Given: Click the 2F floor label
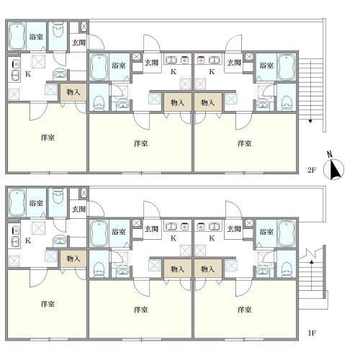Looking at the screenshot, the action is click(x=312, y=170).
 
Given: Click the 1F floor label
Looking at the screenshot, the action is click(x=312, y=333).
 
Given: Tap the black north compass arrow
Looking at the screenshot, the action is click(x=334, y=170).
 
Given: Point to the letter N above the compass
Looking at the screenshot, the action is click(x=330, y=154).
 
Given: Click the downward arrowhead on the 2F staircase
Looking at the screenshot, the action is click(x=310, y=121).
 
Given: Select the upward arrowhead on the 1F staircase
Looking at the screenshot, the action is click(x=311, y=262).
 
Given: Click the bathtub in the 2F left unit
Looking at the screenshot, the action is click(x=17, y=37).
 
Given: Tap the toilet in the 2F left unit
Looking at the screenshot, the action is click(x=58, y=30).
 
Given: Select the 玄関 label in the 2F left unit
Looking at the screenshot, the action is click(x=79, y=42).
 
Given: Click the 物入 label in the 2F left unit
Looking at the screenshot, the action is click(x=73, y=92).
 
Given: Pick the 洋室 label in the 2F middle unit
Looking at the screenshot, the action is click(x=140, y=143).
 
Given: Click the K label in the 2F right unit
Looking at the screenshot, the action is click(x=212, y=71).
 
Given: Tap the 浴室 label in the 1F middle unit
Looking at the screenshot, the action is click(x=119, y=232).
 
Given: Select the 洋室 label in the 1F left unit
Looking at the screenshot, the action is click(x=48, y=304).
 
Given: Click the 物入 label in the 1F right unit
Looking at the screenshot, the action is click(x=208, y=269).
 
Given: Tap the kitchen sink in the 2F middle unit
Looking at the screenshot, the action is click(x=171, y=59).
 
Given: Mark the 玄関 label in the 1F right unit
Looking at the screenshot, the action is click(x=234, y=229).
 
